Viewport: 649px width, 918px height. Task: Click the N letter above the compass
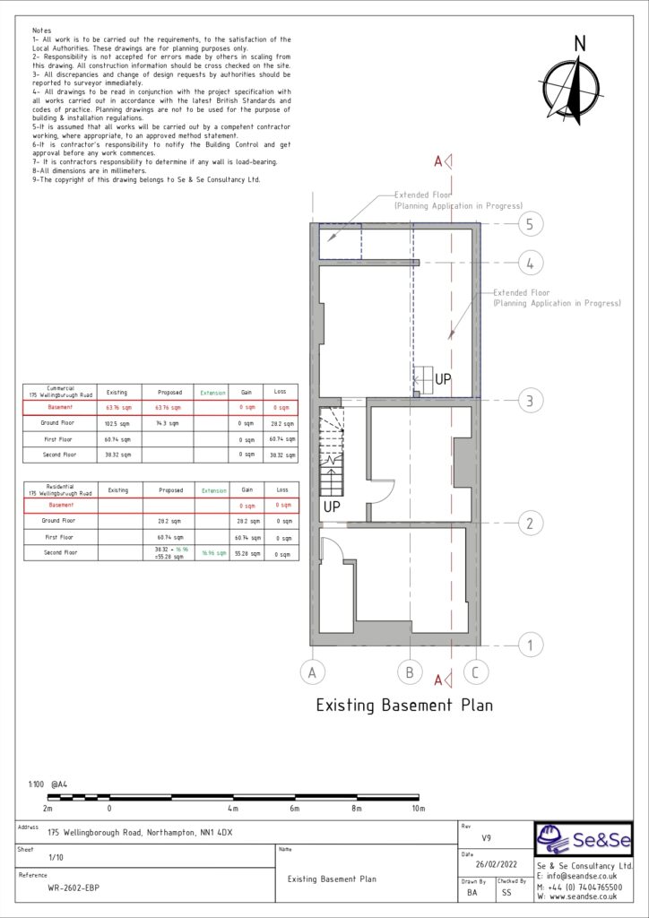(x=580, y=43)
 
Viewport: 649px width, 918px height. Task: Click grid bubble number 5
(x=530, y=224)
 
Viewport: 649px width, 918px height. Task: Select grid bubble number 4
(x=530, y=264)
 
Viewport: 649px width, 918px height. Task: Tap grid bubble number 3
(x=530, y=401)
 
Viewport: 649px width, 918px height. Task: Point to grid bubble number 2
(x=530, y=524)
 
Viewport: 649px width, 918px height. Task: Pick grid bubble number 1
(x=530, y=645)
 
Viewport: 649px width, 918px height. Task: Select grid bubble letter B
(x=409, y=672)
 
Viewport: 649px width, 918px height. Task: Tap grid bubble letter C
(x=476, y=672)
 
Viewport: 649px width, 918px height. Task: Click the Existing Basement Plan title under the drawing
(x=404, y=706)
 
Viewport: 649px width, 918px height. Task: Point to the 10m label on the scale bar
(x=418, y=809)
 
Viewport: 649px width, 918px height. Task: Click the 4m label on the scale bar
(x=233, y=809)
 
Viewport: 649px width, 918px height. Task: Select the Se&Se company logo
(x=584, y=841)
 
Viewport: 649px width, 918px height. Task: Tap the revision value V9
(x=486, y=839)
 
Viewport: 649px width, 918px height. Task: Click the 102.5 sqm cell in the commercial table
(x=118, y=423)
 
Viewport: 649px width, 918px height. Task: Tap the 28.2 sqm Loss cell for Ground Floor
(x=282, y=423)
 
